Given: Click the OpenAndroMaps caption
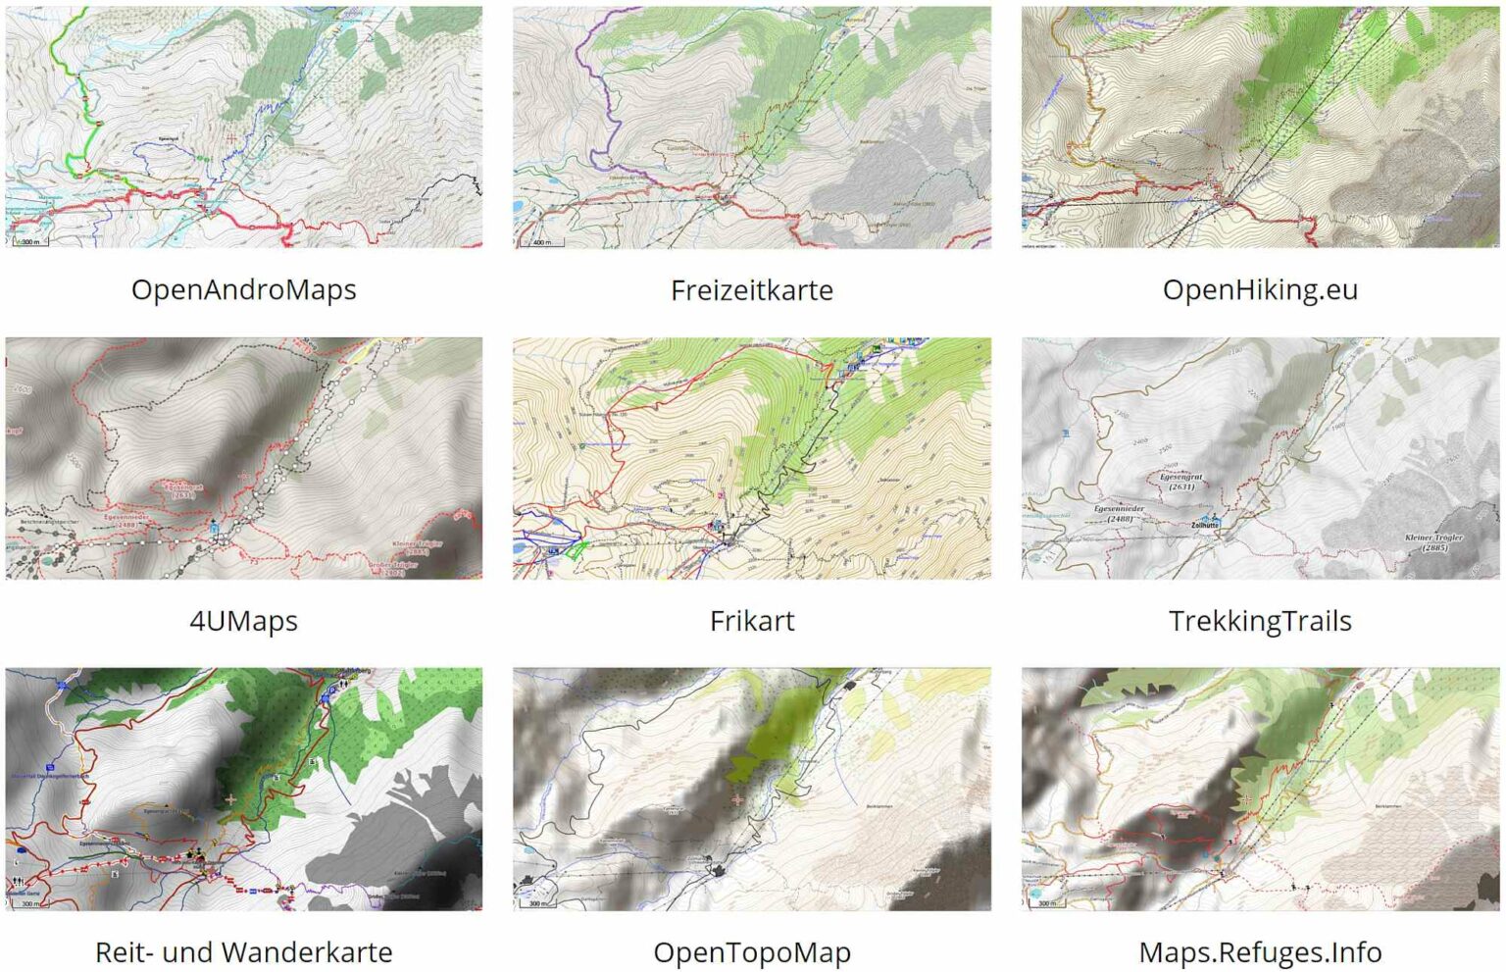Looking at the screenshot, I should (x=243, y=289).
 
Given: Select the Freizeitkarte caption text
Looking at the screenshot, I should (x=752, y=290).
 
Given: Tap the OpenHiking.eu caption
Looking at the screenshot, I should (x=1260, y=289).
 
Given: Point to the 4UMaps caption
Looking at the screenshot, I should (x=243, y=621).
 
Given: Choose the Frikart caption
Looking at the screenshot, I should (x=752, y=621).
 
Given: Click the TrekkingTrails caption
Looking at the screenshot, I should (x=1260, y=621).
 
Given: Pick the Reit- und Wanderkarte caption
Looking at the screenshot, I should (x=243, y=952).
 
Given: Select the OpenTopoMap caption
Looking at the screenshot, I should (x=752, y=952).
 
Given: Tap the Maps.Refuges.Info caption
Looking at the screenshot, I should (x=1260, y=952).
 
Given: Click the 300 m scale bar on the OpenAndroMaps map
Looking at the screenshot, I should (x=29, y=241).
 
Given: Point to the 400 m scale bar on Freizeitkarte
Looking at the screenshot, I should (x=541, y=241).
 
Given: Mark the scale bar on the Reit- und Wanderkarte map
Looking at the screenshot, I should (x=29, y=903).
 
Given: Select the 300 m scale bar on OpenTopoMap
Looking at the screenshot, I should (x=538, y=903).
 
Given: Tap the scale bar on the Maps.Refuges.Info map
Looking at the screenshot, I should (x=1047, y=903).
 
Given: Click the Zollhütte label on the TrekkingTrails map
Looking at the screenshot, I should (x=1205, y=525).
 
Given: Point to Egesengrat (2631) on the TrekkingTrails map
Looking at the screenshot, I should (x=1180, y=482).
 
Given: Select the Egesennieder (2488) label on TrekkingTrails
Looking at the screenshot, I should (x=1119, y=514).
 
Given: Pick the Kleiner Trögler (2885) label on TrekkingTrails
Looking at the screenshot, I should (x=1433, y=542).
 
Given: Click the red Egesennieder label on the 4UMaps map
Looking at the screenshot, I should (x=127, y=520).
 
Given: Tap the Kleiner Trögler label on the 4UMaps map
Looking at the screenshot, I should (x=418, y=547).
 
